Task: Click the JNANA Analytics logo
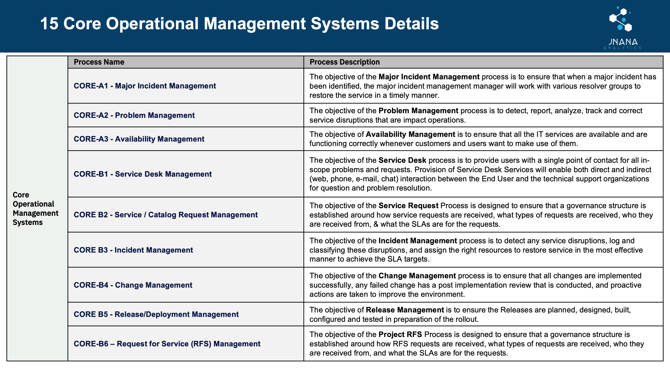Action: (x=622, y=27)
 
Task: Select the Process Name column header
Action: (x=99, y=62)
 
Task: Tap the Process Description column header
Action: (x=344, y=62)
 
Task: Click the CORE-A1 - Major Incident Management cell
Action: (x=145, y=86)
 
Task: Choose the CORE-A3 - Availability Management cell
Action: (x=139, y=139)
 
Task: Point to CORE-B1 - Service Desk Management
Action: (x=143, y=174)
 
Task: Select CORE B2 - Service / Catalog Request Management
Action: (x=165, y=215)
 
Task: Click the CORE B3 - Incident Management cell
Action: (x=133, y=250)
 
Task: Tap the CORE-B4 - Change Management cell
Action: (x=133, y=285)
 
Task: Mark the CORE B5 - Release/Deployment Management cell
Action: (x=156, y=314)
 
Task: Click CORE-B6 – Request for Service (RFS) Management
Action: (x=167, y=344)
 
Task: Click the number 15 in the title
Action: (x=49, y=24)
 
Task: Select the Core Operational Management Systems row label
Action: (x=35, y=209)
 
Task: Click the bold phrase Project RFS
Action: (x=400, y=334)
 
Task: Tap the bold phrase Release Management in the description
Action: (x=405, y=310)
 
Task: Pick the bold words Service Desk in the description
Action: (x=402, y=160)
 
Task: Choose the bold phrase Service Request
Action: (x=408, y=205)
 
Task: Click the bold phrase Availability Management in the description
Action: (x=410, y=134)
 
